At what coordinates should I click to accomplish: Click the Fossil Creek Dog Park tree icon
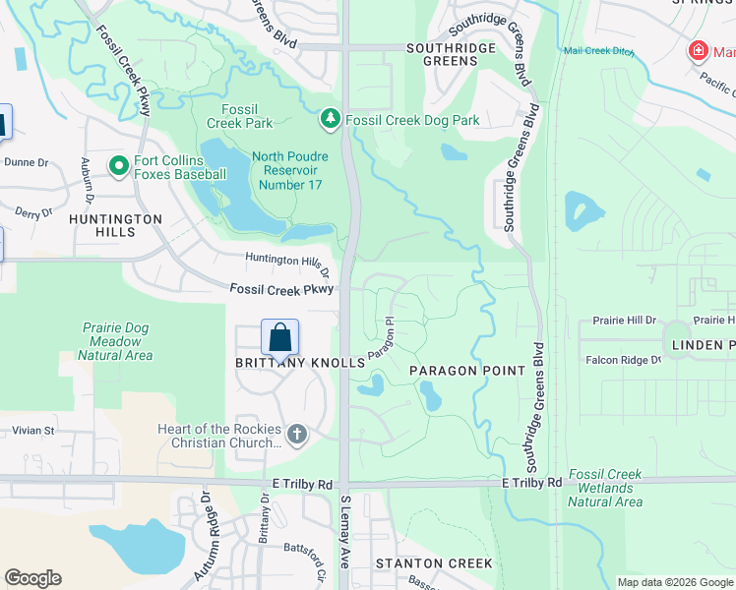click(331, 120)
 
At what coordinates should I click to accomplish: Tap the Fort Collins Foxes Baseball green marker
click(119, 165)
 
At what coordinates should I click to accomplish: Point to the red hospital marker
click(698, 49)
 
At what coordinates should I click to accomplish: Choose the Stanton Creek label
click(433, 563)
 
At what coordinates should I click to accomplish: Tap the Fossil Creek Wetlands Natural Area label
click(605, 488)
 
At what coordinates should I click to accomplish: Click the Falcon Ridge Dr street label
click(623, 360)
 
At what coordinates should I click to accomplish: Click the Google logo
click(32, 577)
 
